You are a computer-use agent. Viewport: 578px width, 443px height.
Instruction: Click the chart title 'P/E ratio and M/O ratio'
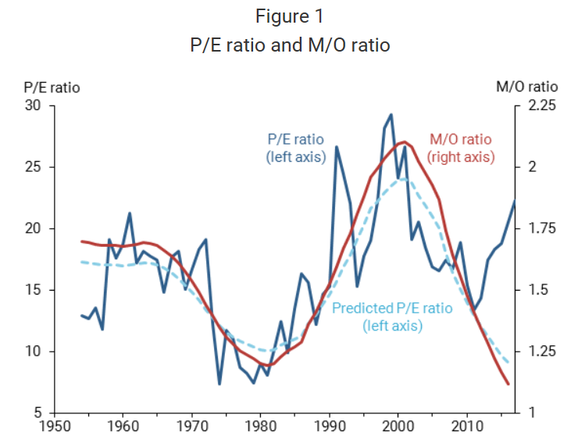point(290,45)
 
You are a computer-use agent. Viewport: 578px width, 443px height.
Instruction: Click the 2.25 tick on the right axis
point(538,105)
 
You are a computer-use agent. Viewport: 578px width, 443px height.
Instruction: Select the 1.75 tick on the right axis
point(538,229)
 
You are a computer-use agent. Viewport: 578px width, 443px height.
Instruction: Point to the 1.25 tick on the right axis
point(538,352)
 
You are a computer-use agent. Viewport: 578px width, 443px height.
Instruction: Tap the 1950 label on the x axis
point(55,427)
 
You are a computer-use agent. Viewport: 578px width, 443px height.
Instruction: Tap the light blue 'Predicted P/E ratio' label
point(392,316)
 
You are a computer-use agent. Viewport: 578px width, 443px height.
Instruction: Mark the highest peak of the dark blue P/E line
point(391,115)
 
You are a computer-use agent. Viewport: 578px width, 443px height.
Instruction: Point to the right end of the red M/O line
point(508,384)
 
